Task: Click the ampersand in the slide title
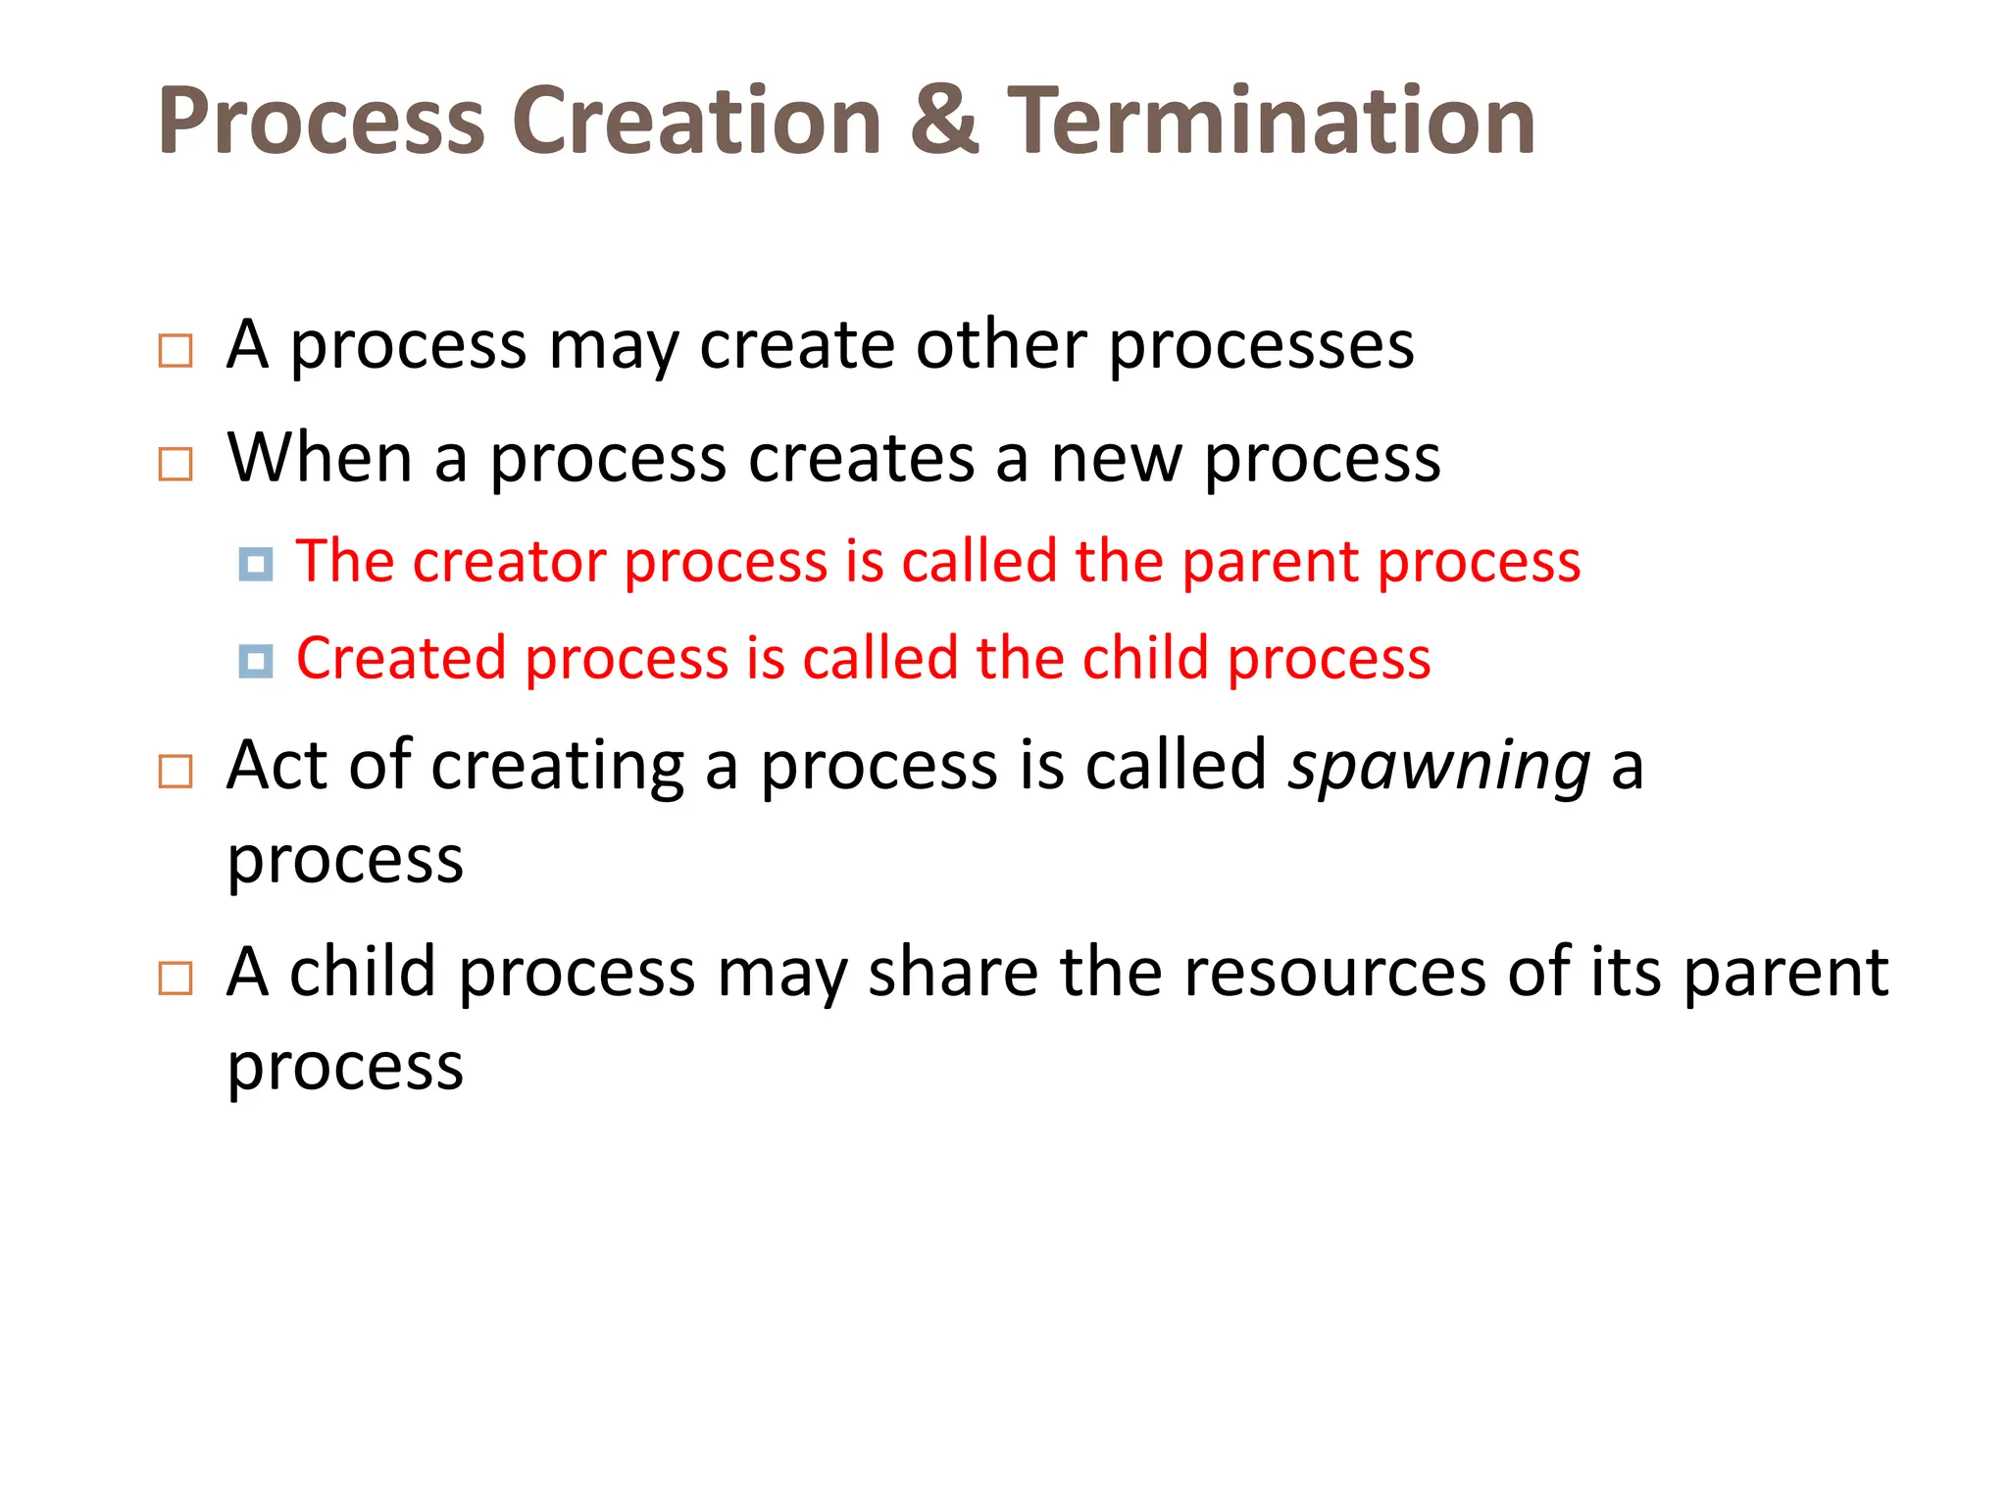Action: [x=944, y=121]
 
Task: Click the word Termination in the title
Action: [x=1272, y=121]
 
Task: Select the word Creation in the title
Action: [x=696, y=121]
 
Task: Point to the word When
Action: [x=320, y=458]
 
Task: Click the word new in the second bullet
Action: [x=1116, y=460]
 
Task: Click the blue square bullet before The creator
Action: [x=256, y=564]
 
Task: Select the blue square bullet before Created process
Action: [x=256, y=661]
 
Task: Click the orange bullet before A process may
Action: [x=176, y=350]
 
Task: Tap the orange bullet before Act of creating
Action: [x=176, y=772]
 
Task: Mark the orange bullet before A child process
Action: [x=176, y=978]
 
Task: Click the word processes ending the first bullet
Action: [x=1261, y=347]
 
